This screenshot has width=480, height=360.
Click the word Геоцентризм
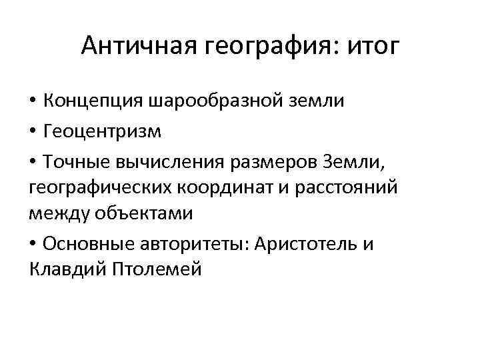tap(103, 131)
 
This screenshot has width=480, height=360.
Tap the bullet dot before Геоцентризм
tap(33, 131)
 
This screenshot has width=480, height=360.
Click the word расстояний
tap(343, 188)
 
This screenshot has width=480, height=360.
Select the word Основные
tap(88, 244)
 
